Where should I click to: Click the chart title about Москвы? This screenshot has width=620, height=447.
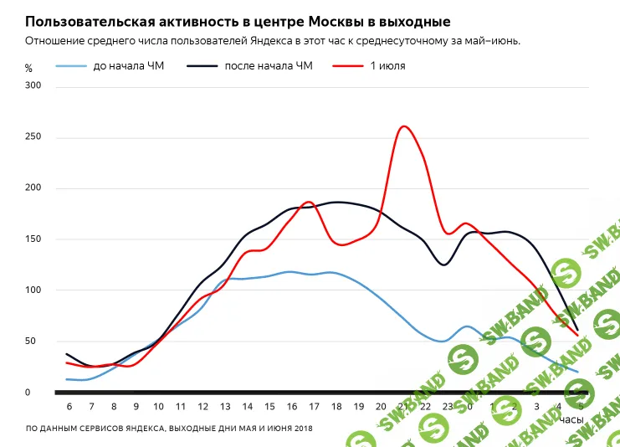point(238,21)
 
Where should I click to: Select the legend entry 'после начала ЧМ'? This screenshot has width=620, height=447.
point(268,66)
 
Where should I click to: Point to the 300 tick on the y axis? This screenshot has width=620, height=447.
point(33,86)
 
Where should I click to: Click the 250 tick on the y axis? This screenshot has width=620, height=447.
point(33,137)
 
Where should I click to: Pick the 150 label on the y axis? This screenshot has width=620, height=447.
point(33,239)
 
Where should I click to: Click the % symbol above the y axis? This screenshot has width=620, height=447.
point(28,68)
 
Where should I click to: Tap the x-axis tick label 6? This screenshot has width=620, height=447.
point(69,406)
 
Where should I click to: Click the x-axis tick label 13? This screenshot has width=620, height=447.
point(224,406)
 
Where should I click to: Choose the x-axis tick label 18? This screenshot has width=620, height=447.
point(336,406)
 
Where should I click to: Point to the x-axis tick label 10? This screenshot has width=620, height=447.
point(158,406)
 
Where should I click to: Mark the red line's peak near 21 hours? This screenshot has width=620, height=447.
point(404,126)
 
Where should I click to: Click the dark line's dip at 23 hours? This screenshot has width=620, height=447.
point(443,265)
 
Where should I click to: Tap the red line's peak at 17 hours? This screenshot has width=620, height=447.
point(309,202)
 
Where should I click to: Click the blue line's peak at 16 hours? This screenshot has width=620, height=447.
point(290,271)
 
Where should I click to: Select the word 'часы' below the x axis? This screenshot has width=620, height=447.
point(571,419)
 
